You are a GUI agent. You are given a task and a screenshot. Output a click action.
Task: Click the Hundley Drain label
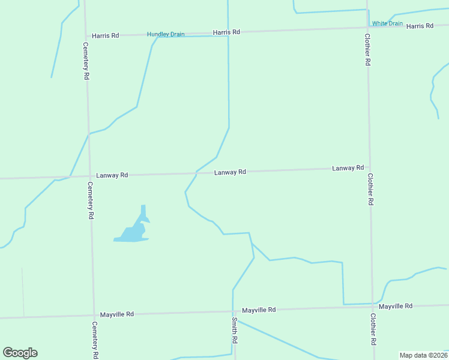pos(166,34)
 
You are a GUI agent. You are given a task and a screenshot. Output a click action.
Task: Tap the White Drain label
pos(387,23)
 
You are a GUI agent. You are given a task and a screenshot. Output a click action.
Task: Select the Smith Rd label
pos(234,330)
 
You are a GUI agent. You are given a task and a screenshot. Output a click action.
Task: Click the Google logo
pos(20,353)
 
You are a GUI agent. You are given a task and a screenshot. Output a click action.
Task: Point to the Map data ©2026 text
pos(423,355)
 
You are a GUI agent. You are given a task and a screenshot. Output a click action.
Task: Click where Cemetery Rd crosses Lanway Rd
pos(89,176)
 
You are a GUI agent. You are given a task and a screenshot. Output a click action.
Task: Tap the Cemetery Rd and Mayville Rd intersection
pos(94,314)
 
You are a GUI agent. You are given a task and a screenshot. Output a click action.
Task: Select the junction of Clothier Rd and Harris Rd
pos(367,28)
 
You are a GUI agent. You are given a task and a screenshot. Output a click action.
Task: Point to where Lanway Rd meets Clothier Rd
pos(370,169)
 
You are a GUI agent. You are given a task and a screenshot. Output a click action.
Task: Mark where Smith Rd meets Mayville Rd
pos(233,311)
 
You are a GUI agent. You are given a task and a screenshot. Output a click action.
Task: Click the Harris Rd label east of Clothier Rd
pos(420,26)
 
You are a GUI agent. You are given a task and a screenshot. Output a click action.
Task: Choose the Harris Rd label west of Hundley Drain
pos(106,35)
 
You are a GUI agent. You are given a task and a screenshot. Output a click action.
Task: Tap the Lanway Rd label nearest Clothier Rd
pos(348,168)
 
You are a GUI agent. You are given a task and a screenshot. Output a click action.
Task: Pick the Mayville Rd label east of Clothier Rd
pos(396,306)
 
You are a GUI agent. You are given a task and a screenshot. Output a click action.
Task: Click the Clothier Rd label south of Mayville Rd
pos(373,329)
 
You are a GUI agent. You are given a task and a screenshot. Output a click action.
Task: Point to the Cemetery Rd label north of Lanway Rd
pos(86,61)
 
